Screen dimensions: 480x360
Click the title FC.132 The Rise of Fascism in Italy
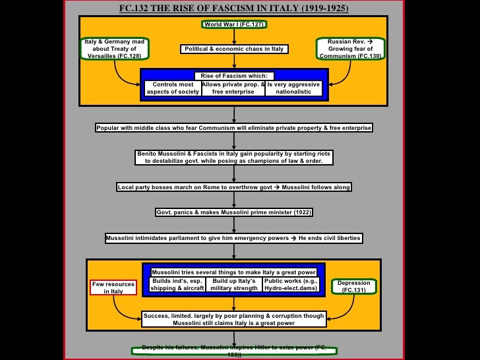[x=234, y=8]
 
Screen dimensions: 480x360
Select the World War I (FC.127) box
[x=234, y=24]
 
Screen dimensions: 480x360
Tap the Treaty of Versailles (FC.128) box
[x=114, y=48]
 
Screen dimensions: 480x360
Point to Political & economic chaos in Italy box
[x=234, y=49]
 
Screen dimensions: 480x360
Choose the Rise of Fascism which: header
[x=234, y=76]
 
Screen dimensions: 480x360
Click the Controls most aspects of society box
[x=173, y=88]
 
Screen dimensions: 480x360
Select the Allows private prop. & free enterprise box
[x=233, y=88]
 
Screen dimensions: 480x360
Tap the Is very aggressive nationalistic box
[x=293, y=88]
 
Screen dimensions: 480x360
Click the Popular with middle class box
[x=234, y=127]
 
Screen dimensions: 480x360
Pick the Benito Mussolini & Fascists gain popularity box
[x=234, y=157]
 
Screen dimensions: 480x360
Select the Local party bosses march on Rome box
[x=234, y=187]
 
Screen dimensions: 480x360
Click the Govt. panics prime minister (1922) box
[x=234, y=212]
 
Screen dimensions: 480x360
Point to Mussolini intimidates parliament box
[x=234, y=238]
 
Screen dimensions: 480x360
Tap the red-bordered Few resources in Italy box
[x=113, y=287]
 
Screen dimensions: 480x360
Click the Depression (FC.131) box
[x=353, y=287]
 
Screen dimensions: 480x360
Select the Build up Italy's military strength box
[x=233, y=284]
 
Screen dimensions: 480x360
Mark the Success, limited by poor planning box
[x=234, y=320]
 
